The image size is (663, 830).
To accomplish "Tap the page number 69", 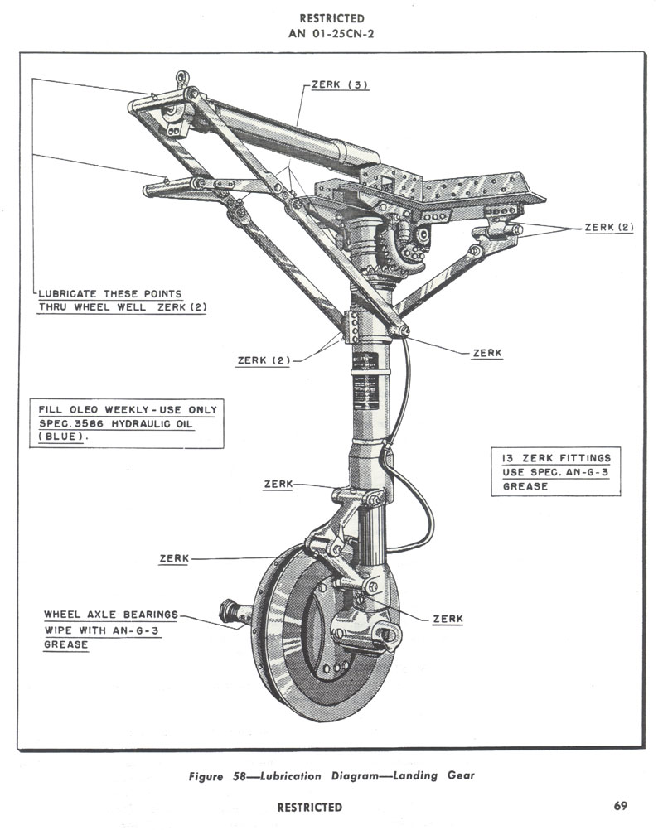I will (621, 806).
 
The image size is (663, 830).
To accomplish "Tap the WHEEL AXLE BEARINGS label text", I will (111, 615).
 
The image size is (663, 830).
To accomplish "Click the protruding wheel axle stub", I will (233, 614).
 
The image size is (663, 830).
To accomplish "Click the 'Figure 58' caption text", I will (217, 777).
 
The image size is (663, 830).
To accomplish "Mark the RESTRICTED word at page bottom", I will (309, 807).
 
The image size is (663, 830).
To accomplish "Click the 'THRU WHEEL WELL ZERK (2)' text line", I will (123, 307).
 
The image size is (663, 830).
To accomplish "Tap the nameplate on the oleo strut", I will (364, 364).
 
